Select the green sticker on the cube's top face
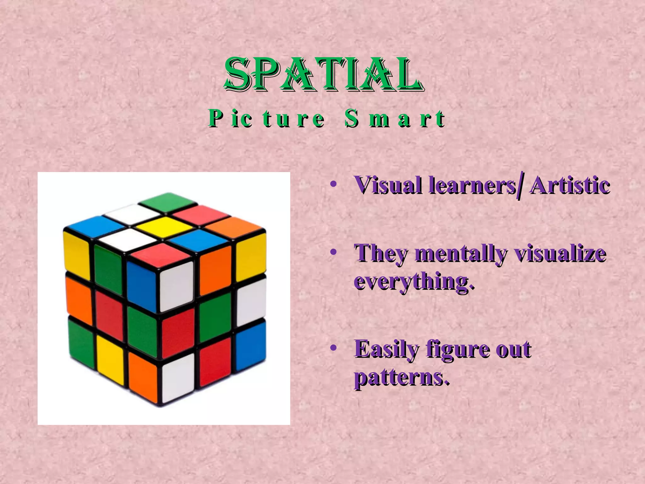coord(167,202)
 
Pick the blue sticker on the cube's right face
coord(250,345)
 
